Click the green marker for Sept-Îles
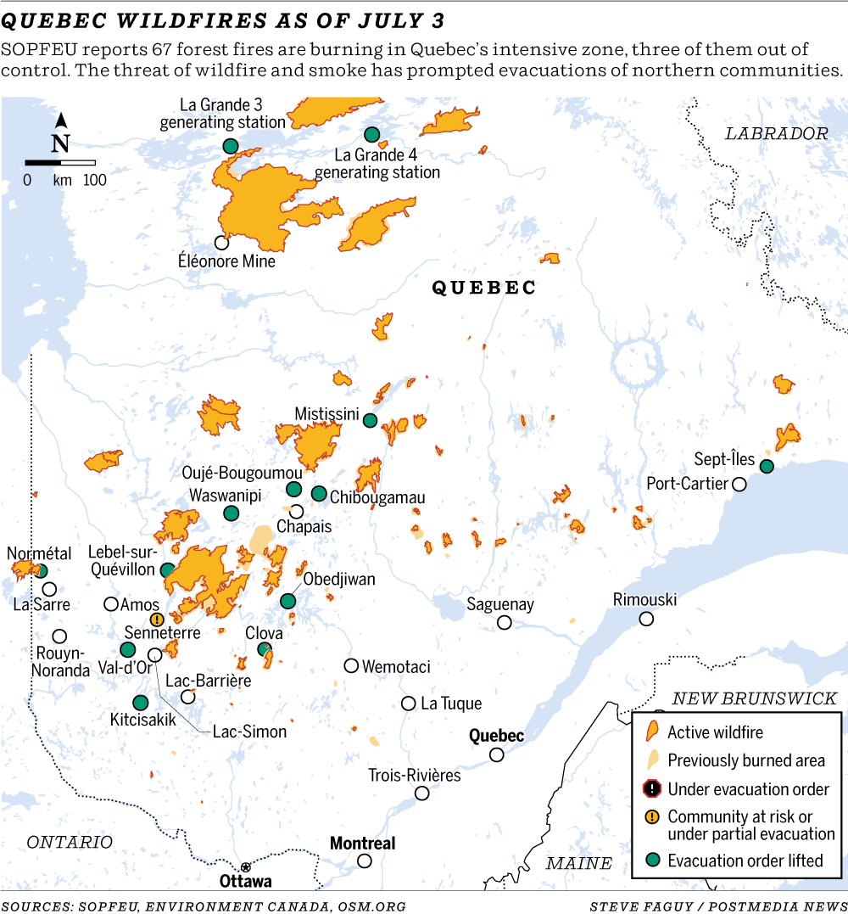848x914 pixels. pos(767,466)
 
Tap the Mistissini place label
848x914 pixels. pos(331,413)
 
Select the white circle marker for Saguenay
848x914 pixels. pos(505,623)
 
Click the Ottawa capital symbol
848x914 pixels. pos(246,866)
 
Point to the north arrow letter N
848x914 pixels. pos(60,143)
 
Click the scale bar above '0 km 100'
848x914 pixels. pos(59,162)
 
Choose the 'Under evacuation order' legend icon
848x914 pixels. pos(651,789)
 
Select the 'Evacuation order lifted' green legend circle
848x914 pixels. pos(651,861)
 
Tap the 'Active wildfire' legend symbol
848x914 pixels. pos(651,732)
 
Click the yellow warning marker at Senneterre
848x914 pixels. pos(156,620)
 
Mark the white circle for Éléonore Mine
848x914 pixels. pos(221,243)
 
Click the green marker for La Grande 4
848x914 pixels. pos(371,134)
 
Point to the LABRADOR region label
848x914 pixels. pos(776,133)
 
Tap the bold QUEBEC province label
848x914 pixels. pos(484,289)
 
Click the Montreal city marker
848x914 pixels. pos(365,861)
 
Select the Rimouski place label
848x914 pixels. pos(644,600)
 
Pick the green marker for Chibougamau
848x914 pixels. pos(319,493)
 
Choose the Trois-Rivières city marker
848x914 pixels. pos(421,793)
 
